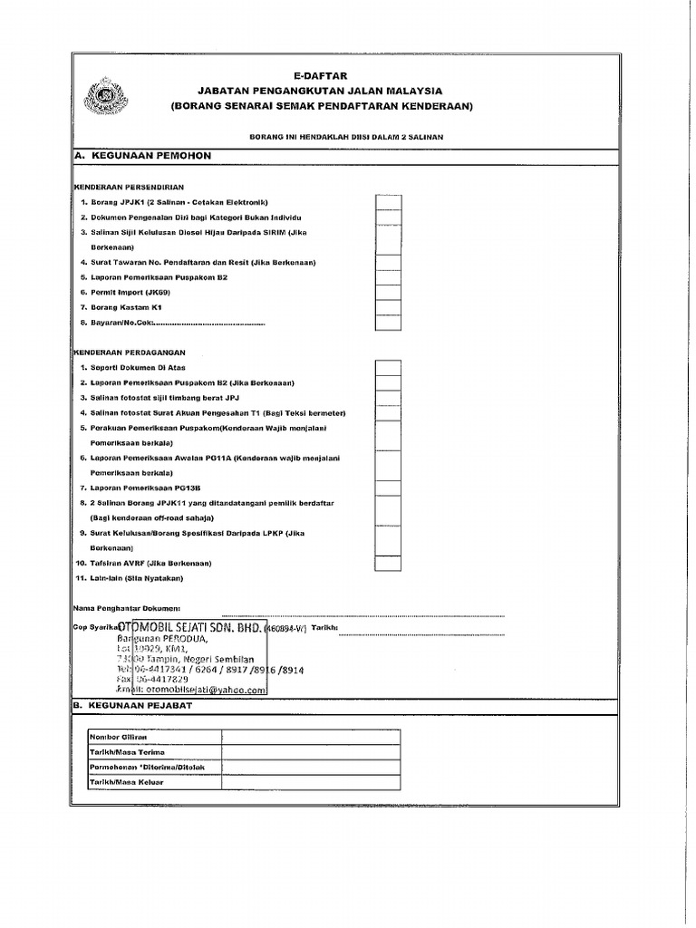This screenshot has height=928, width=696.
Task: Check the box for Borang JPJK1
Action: pos(388,202)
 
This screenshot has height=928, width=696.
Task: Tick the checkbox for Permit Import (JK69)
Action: pos(388,292)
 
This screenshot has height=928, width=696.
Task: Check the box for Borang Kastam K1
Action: pos(388,307)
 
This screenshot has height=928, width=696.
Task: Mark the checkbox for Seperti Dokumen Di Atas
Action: pos(388,368)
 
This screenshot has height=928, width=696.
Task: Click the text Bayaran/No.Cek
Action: pos(118,323)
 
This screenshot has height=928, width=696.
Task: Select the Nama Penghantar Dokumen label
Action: pos(127,607)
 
